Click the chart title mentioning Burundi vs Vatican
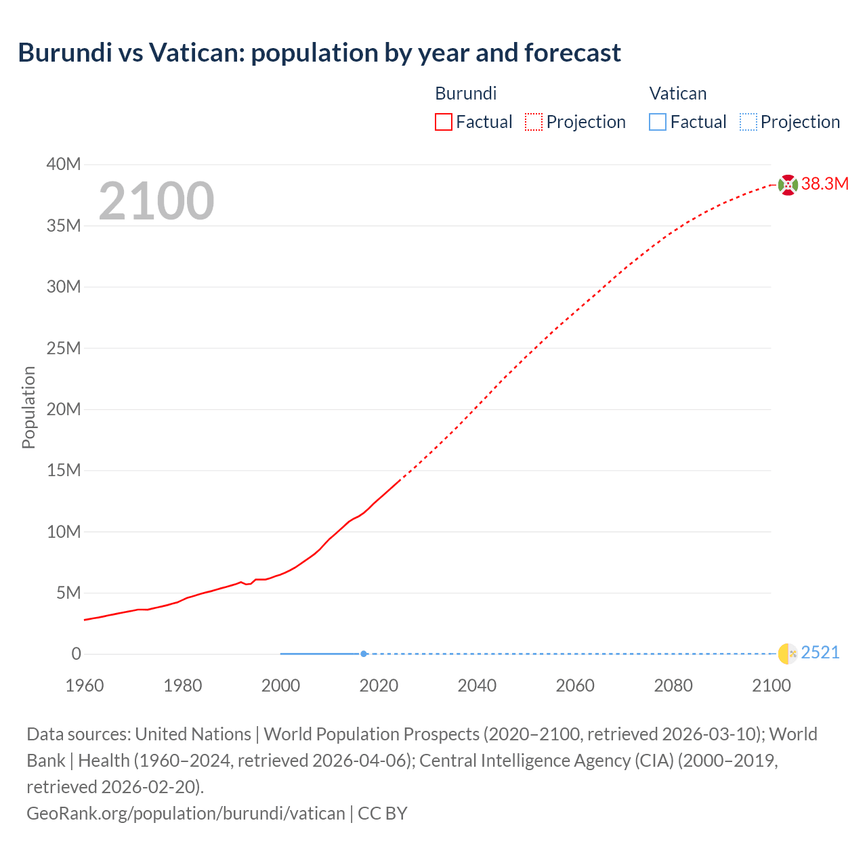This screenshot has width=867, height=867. (x=319, y=53)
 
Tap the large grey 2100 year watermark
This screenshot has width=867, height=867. (x=156, y=201)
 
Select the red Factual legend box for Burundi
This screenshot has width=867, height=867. (x=443, y=122)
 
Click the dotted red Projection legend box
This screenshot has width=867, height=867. (x=534, y=122)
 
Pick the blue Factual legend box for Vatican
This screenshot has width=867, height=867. (x=657, y=122)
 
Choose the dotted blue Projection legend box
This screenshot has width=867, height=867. (x=748, y=122)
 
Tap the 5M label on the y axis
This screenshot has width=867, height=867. (x=68, y=593)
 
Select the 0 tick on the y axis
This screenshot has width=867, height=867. (x=77, y=654)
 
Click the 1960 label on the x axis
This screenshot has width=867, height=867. (x=85, y=685)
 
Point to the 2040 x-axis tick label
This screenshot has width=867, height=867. (x=477, y=685)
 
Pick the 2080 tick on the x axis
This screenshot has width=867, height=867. (x=673, y=685)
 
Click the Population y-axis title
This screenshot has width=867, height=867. (x=28, y=407)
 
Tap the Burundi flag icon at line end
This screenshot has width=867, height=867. (x=788, y=184)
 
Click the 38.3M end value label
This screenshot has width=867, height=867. (x=825, y=184)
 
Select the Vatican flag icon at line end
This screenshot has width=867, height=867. (x=788, y=654)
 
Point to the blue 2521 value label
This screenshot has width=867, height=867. (x=820, y=653)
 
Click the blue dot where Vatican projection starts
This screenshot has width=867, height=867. (x=364, y=654)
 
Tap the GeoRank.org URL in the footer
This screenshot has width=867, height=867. (x=186, y=813)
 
